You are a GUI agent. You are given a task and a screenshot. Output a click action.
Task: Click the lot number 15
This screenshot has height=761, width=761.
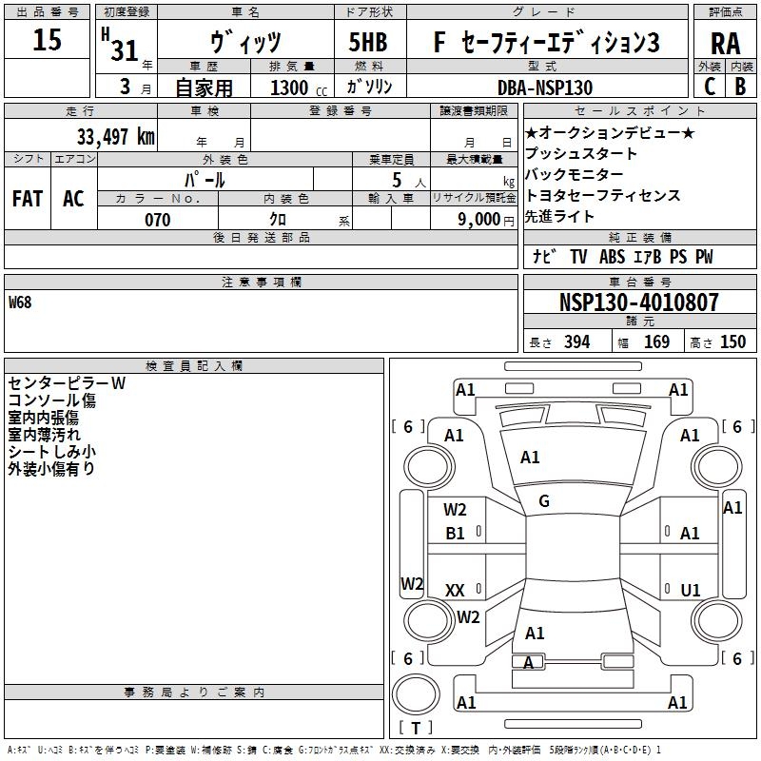47,39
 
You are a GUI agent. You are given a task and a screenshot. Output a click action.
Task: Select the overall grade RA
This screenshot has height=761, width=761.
725,44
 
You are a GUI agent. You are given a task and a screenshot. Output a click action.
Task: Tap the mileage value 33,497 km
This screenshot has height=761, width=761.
116,137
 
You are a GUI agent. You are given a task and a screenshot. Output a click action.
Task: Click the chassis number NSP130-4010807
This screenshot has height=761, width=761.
638,302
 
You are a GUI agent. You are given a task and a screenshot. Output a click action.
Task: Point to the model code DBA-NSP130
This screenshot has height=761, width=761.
545,88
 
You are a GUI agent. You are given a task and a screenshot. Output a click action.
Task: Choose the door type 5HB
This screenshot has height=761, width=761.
368,42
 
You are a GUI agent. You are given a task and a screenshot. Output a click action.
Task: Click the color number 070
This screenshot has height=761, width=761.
158,220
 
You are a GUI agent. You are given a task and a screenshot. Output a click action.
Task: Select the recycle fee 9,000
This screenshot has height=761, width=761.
479,219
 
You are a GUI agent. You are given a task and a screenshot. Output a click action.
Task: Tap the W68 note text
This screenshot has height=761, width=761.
20,302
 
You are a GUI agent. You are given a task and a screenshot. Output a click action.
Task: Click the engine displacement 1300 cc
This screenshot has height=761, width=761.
299,88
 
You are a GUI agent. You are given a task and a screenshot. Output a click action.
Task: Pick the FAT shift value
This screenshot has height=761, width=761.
28,199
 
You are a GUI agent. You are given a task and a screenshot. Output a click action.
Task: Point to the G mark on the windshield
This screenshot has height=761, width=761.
544,501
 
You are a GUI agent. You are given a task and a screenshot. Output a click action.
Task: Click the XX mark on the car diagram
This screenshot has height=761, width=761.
455,590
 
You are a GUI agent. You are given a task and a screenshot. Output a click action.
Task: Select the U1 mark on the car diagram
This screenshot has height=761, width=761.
691,590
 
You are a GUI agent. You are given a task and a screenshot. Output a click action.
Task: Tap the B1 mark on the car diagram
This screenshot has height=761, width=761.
455,534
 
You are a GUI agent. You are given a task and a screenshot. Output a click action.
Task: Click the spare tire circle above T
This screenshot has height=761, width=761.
416,694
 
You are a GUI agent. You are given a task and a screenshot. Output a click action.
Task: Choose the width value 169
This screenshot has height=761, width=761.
656,341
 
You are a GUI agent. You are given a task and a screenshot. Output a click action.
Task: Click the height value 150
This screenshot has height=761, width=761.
732,341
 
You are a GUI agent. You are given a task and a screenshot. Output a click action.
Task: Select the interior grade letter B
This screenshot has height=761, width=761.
740,87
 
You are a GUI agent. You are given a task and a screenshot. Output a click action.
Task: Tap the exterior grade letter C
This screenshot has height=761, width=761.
710,87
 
